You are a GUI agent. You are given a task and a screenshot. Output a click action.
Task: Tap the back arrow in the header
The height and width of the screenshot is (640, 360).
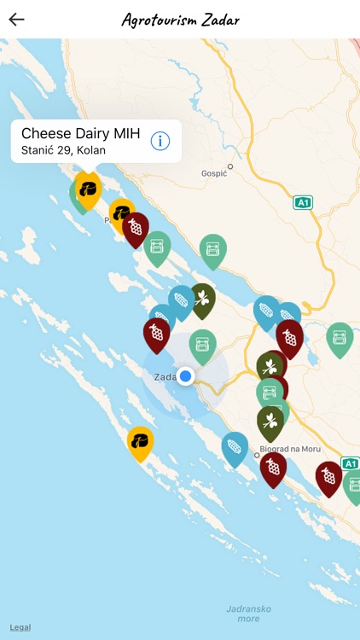tap(16, 20)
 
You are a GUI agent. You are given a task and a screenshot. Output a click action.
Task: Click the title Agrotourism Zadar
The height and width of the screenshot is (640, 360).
tap(180, 20)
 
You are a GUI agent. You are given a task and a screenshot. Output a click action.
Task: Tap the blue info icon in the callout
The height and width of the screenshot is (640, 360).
tap(160, 141)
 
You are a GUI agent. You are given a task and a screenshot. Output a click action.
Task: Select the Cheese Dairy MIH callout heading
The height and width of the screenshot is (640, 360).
tap(80, 133)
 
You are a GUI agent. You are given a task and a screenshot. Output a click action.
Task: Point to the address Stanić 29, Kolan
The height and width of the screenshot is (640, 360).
tap(63, 151)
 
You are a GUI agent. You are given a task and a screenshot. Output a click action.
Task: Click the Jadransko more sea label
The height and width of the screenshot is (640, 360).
tap(247, 614)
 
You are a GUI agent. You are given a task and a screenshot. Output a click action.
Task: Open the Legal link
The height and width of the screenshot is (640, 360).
tap(20, 627)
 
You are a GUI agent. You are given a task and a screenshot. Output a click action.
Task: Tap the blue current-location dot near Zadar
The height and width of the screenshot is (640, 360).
tap(186, 375)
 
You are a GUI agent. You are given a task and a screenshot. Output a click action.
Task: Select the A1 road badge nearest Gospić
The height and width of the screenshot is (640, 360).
tap(303, 202)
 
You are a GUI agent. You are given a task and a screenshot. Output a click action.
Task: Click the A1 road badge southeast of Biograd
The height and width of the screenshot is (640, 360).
tap(351, 463)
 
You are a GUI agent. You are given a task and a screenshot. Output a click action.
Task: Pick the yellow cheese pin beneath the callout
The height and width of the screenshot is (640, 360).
tap(87, 187)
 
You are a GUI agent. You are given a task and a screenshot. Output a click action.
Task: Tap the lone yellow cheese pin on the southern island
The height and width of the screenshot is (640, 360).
tap(140, 440)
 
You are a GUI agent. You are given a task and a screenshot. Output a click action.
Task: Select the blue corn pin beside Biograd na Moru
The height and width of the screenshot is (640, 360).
tap(235, 446)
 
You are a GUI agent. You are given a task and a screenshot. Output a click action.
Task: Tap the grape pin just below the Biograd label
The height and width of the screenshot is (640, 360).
tap(273, 466)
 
